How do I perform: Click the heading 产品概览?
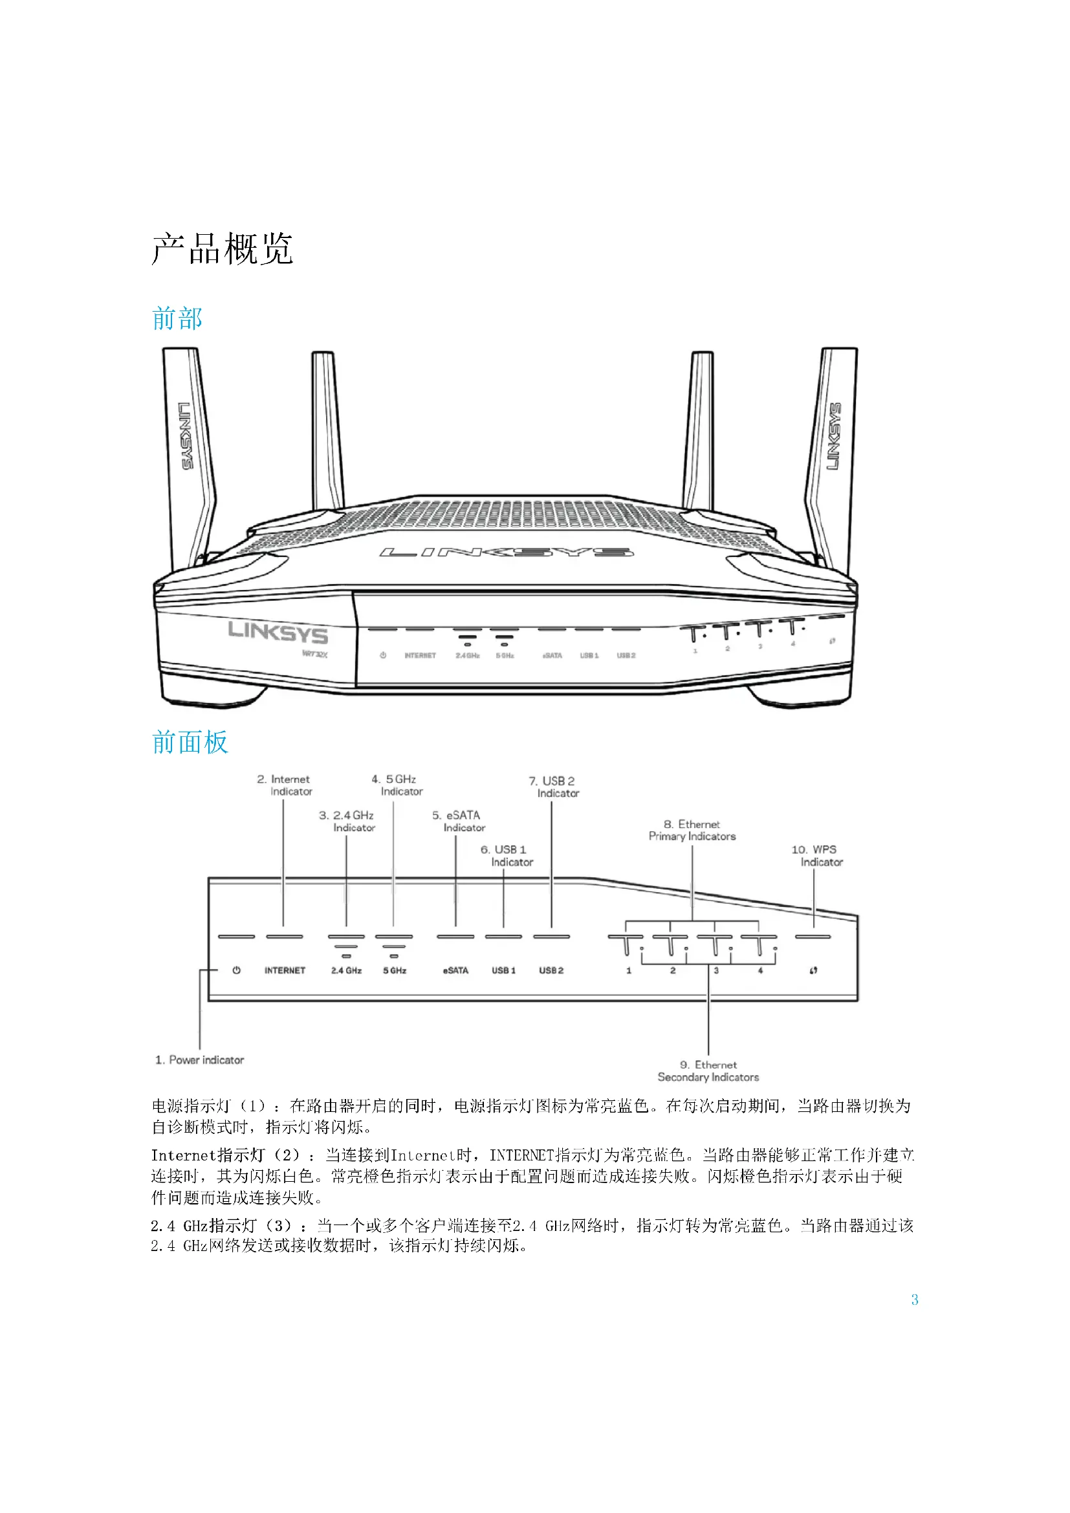(222, 248)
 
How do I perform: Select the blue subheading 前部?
(177, 318)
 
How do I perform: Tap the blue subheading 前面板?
(190, 742)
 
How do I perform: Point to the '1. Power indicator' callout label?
(200, 1060)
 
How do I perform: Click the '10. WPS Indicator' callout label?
(817, 855)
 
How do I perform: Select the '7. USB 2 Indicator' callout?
(554, 787)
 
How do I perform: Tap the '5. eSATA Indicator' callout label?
(459, 821)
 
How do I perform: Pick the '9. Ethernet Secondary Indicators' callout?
(708, 1071)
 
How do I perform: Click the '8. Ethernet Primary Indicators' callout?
(692, 831)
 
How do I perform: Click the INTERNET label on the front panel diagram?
(285, 971)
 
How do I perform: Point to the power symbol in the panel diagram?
(237, 970)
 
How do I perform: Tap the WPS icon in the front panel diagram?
(814, 971)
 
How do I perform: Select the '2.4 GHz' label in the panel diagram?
(346, 971)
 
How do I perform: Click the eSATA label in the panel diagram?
(455, 971)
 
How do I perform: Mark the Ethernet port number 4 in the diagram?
(760, 971)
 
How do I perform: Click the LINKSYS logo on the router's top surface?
(507, 552)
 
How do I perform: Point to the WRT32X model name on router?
(314, 654)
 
